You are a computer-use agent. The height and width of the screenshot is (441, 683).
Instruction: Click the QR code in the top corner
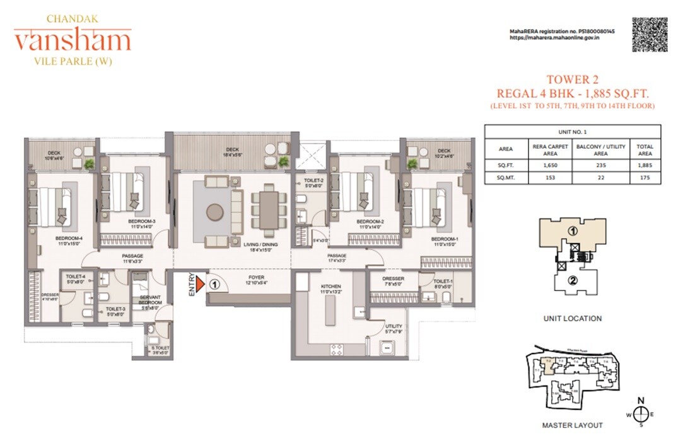[650, 35]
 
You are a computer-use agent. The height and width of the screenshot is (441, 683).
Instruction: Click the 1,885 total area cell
[645, 165]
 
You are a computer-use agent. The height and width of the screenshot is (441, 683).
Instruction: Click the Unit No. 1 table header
[572, 132]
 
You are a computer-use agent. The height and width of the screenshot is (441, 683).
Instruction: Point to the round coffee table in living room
[214, 212]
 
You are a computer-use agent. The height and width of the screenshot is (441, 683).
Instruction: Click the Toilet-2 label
[313, 183]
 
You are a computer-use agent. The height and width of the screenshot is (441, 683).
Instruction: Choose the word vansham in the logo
[73, 42]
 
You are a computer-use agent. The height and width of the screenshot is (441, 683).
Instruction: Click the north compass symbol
[641, 413]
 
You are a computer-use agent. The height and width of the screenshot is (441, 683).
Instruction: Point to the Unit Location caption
[572, 319]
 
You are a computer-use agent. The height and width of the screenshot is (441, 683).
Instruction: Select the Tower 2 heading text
[571, 79]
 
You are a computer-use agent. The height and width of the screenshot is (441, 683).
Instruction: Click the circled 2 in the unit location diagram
[573, 281]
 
